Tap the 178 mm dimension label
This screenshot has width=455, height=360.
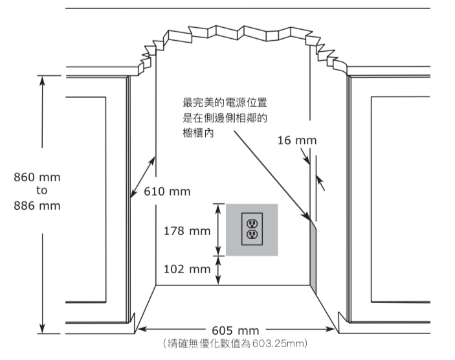pyautogui.click(x=188, y=231)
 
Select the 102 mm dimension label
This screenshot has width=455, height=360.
pyautogui.click(x=188, y=269)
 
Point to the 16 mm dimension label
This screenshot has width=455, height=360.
pyautogui.click(x=297, y=141)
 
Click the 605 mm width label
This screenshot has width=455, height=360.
pyautogui.click(x=235, y=330)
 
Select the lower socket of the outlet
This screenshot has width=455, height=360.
pyautogui.click(x=252, y=234)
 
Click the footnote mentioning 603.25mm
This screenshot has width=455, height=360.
pyautogui.click(x=234, y=342)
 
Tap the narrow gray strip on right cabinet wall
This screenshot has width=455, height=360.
pyautogui.click(x=315, y=256)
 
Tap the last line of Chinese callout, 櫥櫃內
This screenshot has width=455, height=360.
pyautogui.click(x=199, y=132)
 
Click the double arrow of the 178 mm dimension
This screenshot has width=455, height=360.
pyautogui.click(x=219, y=230)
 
